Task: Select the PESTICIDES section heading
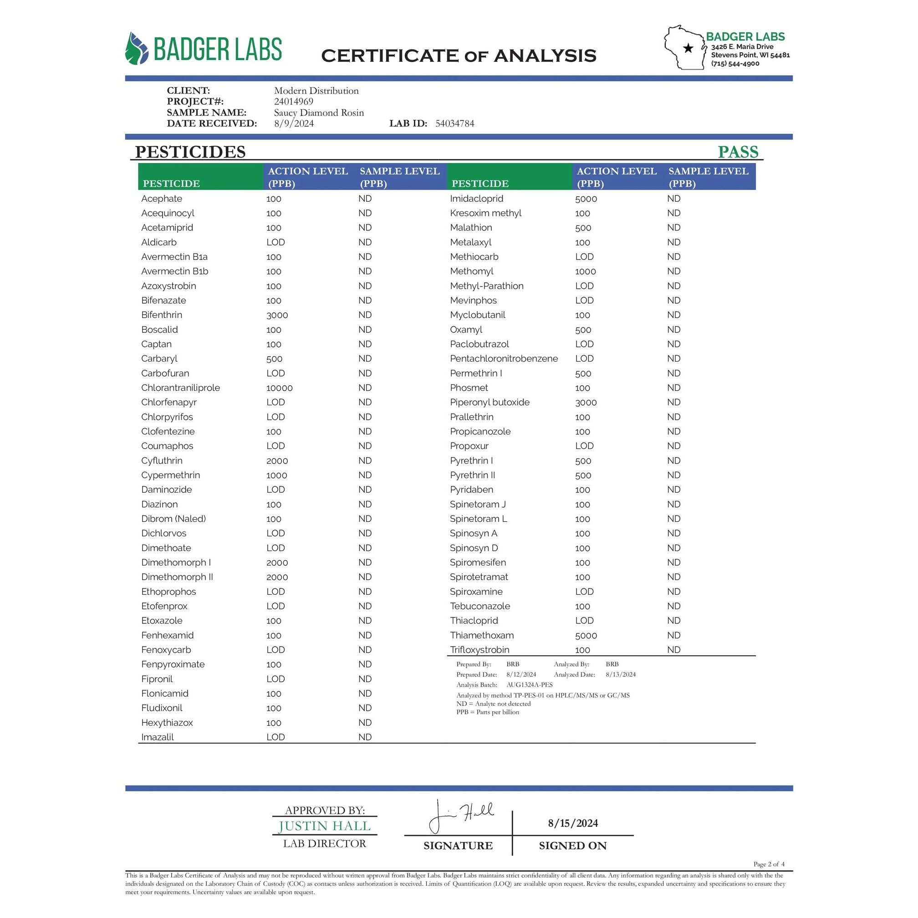(190, 152)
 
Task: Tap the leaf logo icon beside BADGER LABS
(136, 48)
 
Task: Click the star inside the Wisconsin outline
(688, 48)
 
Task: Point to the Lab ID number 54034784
(455, 123)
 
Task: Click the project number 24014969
(294, 101)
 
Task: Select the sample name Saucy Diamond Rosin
(319, 112)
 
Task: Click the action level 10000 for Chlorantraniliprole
(280, 388)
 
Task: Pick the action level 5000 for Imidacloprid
(586, 199)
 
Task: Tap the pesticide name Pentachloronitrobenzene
(504, 359)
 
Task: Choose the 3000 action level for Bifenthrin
(277, 315)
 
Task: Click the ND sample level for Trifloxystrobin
(673, 649)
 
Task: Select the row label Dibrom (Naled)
(173, 519)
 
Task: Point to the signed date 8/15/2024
(572, 823)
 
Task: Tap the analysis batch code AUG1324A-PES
(529, 685)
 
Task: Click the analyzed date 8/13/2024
(621, 674)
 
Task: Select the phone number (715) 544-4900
(735, 64)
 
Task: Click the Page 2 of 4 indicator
(769, 864)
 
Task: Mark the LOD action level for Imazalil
(275, 737)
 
